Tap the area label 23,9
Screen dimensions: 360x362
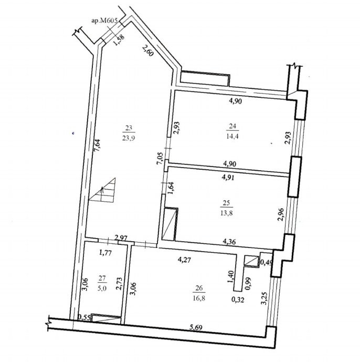coord(129,138)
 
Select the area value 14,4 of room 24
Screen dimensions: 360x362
coord(232,136)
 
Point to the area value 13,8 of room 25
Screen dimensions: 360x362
coord(227,213)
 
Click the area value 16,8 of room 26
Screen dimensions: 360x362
coord(199,298)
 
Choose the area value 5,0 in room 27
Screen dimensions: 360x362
coord(102,288)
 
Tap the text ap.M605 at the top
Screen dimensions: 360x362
coord(105,21)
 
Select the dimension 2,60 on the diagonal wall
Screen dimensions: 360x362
coord(147,50)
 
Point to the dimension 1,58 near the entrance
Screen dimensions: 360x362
coord(120,40)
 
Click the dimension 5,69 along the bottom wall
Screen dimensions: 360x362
coord(196,327)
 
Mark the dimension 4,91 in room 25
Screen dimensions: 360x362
coord(228,178)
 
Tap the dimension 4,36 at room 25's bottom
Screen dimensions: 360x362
coord(229,242)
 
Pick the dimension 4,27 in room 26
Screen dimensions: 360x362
coord(184,260)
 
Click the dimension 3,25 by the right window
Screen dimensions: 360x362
coord(264,298)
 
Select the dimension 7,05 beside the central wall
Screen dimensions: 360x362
coord(160,159)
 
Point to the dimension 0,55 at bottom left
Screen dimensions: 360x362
coord(83,318)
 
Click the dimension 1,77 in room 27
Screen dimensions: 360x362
coord(105,253)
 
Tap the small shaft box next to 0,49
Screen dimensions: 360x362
coord(251,261)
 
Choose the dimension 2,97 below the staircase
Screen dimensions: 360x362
coord(121,237)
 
